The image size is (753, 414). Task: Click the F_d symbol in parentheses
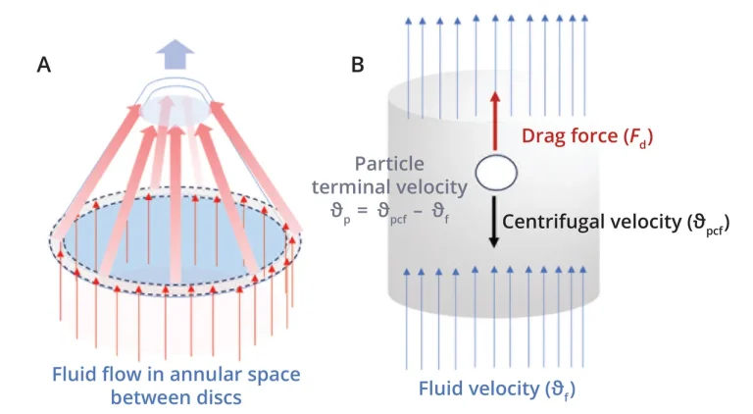(x=632, y=139)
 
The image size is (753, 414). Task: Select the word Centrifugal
(x=549, y=223)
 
